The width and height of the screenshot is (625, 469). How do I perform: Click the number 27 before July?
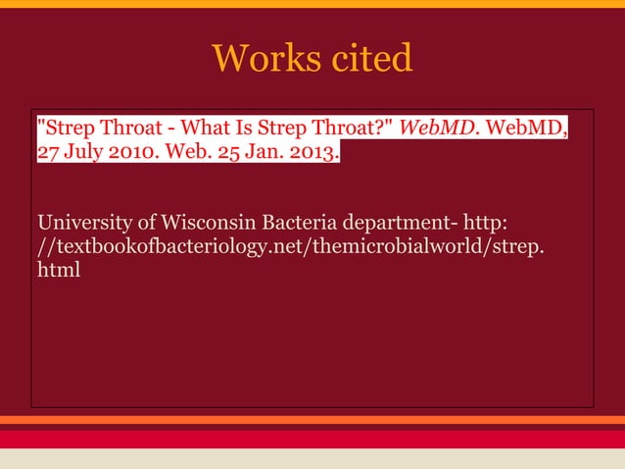[49, 154]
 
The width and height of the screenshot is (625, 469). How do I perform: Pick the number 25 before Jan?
[224, 154]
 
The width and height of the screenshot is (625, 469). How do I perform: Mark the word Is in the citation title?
[253, 129]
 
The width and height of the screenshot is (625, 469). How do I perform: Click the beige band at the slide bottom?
[312, 458]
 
